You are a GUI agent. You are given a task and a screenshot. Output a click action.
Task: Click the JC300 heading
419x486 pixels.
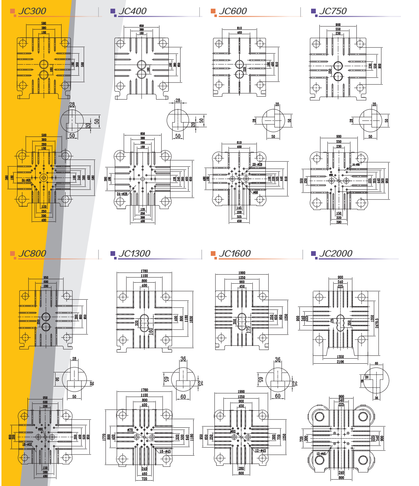tap(32, 11)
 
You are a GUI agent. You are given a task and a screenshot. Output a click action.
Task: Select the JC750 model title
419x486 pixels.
tap(333, 11)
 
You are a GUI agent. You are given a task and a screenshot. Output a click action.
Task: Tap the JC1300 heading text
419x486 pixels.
tap(134, 254)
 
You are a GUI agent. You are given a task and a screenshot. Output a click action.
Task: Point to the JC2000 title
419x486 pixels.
tap(336, 254)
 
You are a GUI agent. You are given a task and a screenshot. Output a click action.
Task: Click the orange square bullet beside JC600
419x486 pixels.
tap(213, 11)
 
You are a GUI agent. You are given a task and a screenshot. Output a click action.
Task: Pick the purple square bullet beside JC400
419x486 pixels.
tap(113, 11)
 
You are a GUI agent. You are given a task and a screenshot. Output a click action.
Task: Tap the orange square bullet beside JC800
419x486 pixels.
tap(13, 253)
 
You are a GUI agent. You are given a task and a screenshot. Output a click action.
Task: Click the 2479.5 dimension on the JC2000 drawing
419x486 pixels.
tap(377, 318)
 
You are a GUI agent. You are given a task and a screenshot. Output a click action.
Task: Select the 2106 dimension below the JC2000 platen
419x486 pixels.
tap(340, 362)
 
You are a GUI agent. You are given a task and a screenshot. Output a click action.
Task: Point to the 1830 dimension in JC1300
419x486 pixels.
tap(192, 319)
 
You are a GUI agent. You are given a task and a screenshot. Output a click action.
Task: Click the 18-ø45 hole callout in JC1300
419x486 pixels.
tap(165, 451)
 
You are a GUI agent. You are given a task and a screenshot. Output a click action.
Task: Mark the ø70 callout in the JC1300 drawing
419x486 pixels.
tap(130, 430)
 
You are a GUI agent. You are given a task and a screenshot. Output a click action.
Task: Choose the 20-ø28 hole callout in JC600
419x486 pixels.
tap(257, 164)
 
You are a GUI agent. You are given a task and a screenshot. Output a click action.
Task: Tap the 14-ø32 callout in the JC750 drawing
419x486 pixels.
tap(356, 164)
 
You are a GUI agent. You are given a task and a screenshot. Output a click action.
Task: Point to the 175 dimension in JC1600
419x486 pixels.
tap(248, 329)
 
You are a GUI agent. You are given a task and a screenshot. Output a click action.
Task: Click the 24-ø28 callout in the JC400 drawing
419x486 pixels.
tap(122, 194)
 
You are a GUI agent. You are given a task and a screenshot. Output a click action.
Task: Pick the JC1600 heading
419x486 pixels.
tap(235, 254)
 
